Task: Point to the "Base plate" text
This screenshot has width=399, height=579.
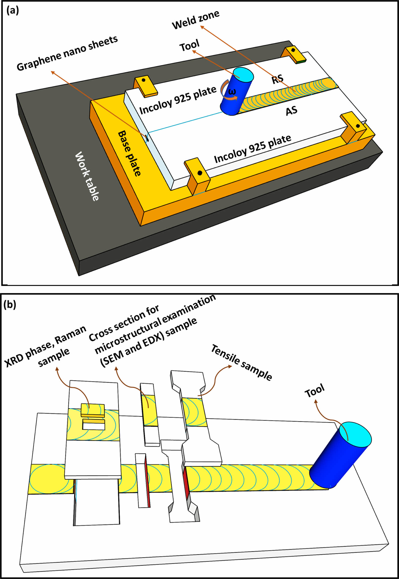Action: [129, 153]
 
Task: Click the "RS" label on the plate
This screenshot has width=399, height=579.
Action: [278, 79]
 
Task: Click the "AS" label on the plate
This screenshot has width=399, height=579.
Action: [291, 110]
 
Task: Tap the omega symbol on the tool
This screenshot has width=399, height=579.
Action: [232, 92]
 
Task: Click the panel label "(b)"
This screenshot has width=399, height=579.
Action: [10, 305]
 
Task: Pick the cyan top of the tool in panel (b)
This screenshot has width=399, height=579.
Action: [355, 434]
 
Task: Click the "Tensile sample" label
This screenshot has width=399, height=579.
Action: [241, 362]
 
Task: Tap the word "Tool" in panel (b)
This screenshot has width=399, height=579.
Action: [314, 391]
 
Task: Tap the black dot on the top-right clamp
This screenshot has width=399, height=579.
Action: [293, 50]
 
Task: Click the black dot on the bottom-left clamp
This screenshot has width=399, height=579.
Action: [199, 173]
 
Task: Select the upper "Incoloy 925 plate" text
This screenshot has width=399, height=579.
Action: [178, 100]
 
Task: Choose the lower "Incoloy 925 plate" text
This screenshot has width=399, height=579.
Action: [252, 149]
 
